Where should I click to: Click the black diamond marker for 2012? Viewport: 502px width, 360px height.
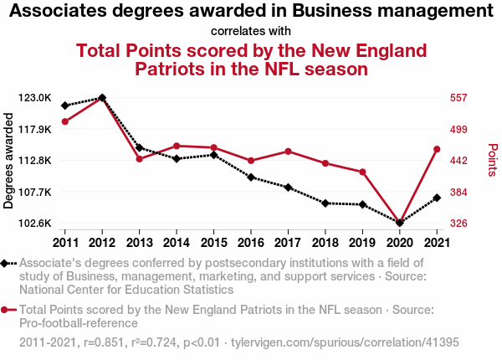[x=102, y=98]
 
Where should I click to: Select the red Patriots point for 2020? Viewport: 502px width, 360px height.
[x=399, y=222]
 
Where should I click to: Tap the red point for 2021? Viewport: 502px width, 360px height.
[x=436, y=149]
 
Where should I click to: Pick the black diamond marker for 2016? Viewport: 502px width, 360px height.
[x=250, y=177]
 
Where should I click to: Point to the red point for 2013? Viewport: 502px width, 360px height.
[x=139, y=159]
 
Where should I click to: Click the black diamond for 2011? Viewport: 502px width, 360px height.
[x=65, y=105]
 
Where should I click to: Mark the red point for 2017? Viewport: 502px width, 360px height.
[x=288, y=152]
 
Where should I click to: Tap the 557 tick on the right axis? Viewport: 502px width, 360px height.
[x=458, y=98]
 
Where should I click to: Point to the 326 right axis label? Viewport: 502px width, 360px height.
[x=458, y=224]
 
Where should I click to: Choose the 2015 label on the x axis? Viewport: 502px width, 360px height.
[x=213, y=243]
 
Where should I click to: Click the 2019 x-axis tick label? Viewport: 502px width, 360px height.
[x=362, y=243]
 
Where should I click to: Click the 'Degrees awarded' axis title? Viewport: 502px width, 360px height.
[x=9, y=162]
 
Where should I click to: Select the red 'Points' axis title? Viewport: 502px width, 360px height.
[x=492, y=160]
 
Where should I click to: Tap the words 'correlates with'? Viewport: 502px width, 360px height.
[x=252, y=32]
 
